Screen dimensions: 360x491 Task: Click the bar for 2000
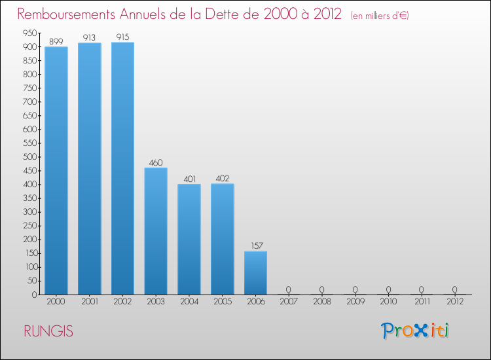(56, 170)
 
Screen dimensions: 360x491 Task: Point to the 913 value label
(89, 38)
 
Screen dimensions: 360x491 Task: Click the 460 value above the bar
(156, 163)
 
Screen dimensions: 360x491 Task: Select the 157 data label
(255, 246)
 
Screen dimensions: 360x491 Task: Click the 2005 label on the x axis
(222, 302)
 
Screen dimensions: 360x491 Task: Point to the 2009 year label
(355, 302)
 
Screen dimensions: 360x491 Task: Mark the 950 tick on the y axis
(29, 33)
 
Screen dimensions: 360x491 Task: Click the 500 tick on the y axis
(29, 157)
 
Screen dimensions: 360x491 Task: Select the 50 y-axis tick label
(31, 281)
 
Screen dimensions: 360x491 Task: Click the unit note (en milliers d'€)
(380, 16)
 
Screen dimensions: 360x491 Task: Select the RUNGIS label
(48, 331)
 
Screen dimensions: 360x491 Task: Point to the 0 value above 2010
(388, 289)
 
